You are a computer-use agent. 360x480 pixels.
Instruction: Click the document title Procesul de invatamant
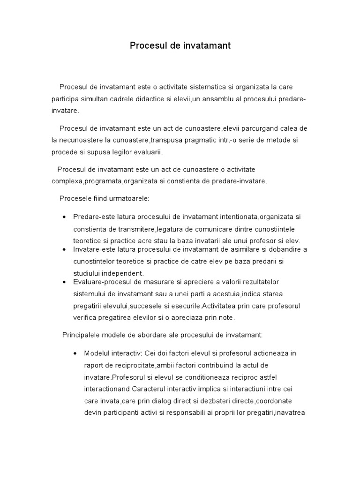(180, 46)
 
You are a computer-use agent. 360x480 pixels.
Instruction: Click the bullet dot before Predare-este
(64, 217)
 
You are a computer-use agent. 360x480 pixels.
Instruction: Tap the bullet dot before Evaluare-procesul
(64, 282)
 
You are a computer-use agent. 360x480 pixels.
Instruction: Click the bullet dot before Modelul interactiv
(75, 353)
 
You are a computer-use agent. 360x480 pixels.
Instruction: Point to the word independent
(122, 273)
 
